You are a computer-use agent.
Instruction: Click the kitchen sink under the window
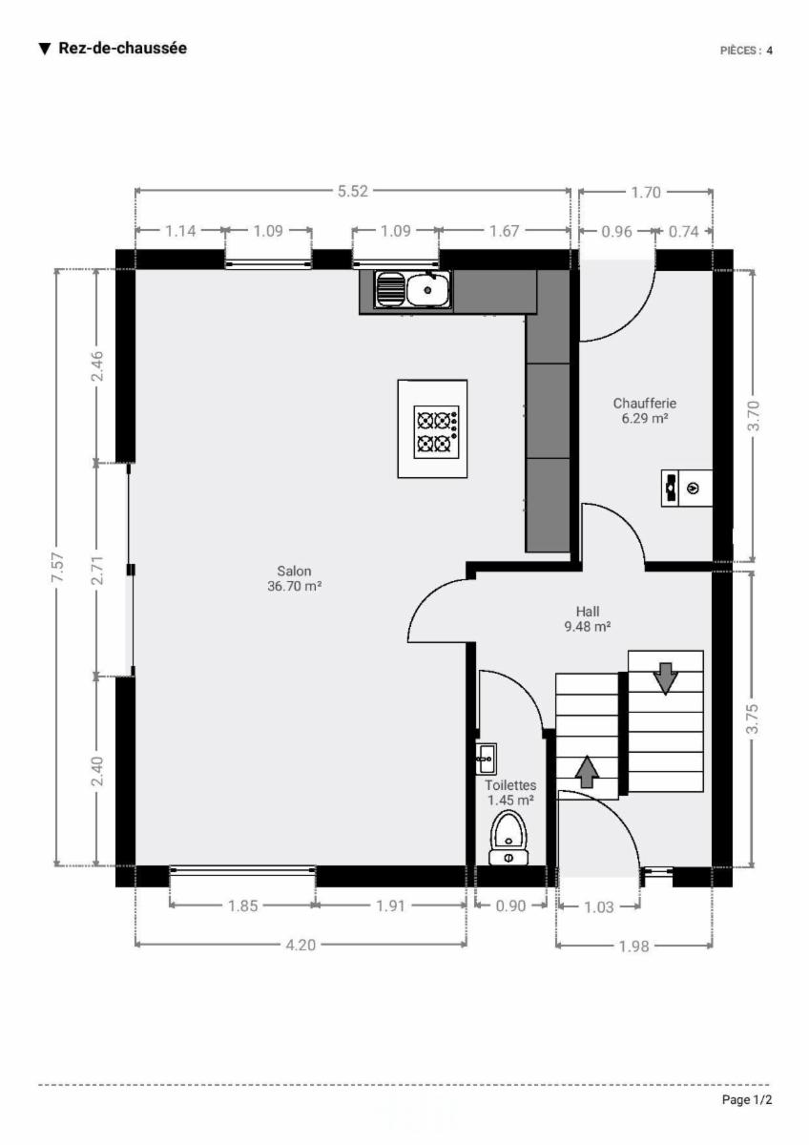pyautogui.click(x=413, y=289)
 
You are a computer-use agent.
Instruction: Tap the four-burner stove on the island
pyautogui.click(x=436, y=432)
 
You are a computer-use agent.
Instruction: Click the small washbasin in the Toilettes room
pyautogui.click(x=486, y=759)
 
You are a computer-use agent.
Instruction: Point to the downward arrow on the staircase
pyautogui.click(x=665, y=678)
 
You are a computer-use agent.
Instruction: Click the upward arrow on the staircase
pyautogui.click(x=587, y=772)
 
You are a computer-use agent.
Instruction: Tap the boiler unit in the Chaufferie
pyautogui.click(x=687, y=489)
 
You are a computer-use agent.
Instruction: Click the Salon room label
pyautogui.click(x=295, y=578)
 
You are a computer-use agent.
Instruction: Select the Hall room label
pyautogui.click(x=588, y=619)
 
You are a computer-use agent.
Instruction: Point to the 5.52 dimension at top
pyautogui.click(x=353, y=191)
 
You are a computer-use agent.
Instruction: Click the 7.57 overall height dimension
pyautogui.click(x=58, y=567)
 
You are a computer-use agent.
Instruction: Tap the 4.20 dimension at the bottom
pyautogui.click(x=301, y=946)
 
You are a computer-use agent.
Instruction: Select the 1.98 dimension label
pyautogui.click(x=634, y=947)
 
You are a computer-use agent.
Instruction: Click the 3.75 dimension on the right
pyautogui.click(x=753, y=719)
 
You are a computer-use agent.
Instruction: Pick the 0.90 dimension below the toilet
pyautogui.click(x=511, y=906)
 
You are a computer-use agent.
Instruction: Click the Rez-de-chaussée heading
pyautogui.click(x=123, y=48)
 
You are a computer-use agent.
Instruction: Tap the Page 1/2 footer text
pyautogui.click(x=747, y=1099)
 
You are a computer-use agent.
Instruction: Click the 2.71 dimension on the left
pyautogui.click(x=97, y=570)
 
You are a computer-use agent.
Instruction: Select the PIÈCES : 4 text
pyautogui.click(x=746, y=51)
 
